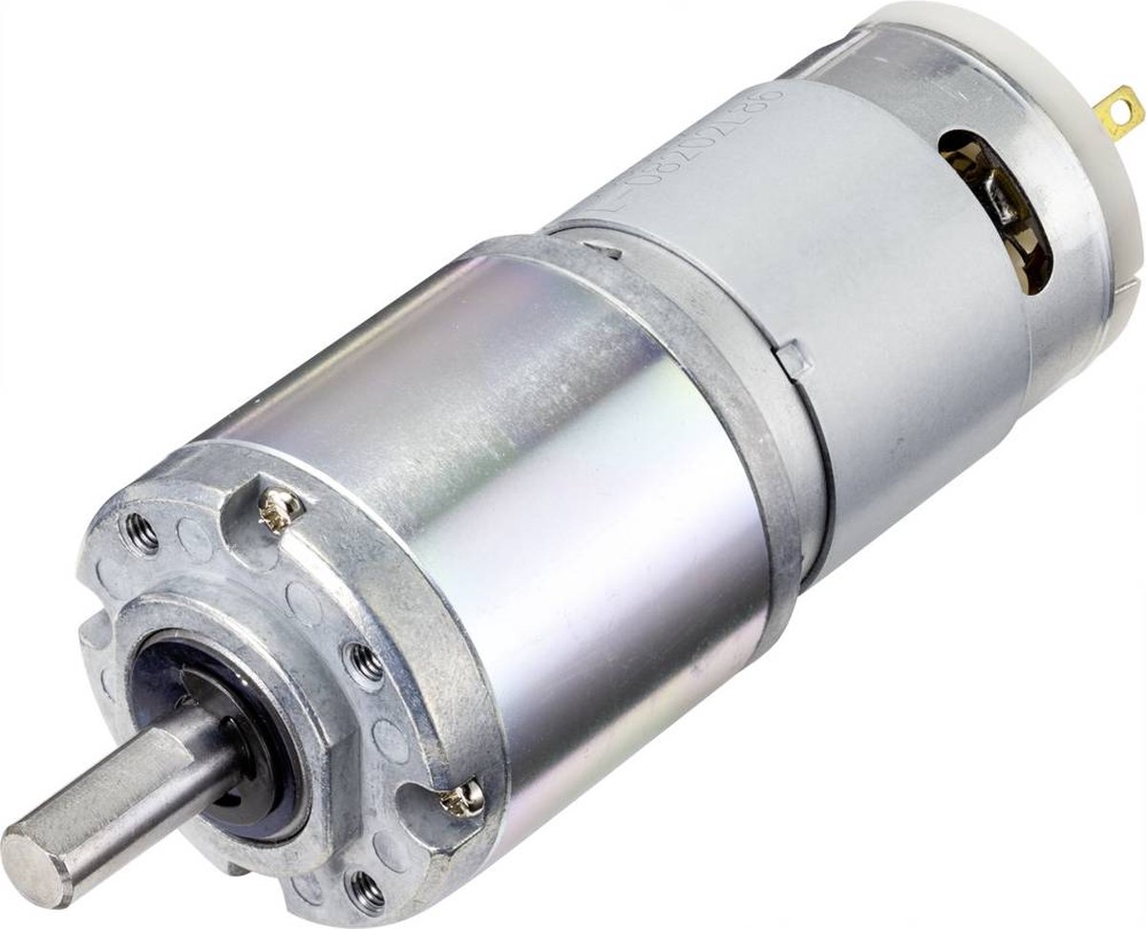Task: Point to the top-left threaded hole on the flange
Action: [x=141, y=533]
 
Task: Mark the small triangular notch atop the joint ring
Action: [x=604, y=250]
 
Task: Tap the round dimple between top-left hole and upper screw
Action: [x=196, y=540]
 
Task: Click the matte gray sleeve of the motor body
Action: [x=859, y=286]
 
